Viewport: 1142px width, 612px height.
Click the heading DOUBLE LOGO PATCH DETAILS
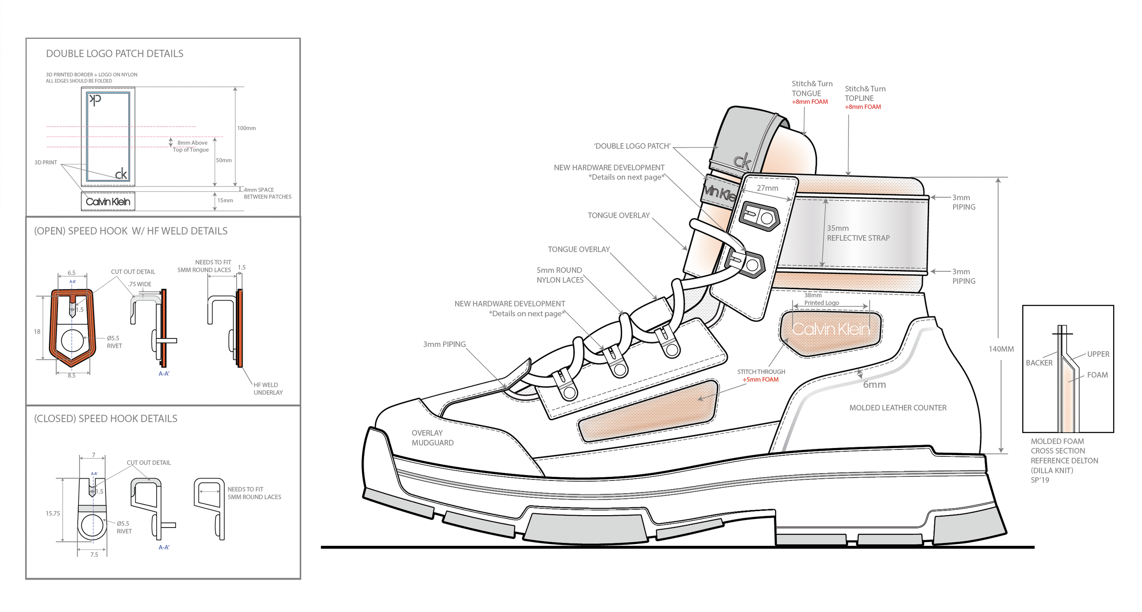pyautogui.click(x=115, y=53)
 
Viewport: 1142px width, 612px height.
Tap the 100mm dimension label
pyautogui.click(x=246, y=128)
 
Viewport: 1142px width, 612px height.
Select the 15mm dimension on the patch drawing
pyautogui.click(x=225, y=200)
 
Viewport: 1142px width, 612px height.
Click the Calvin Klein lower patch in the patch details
pyautogui.click(x=108, y=201)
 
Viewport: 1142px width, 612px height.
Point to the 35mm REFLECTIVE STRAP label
pyautogui.click(x=858, y=233)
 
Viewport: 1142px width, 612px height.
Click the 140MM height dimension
pyautogui.click(x=1001, y=349)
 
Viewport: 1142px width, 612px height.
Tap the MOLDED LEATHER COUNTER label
pyautogui.click(x=898, y=408)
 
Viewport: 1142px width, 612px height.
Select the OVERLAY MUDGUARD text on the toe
pyautogui.click(x=433, y=438)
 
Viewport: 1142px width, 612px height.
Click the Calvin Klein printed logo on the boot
pyautogui.click(x=830, y=329)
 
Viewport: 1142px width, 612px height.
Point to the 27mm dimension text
pyautogui.click(x=767, y=188)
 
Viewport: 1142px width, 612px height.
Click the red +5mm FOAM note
pyautogui.click(x=760, y=380)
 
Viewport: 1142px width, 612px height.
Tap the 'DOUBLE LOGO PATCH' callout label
pyautogui.click(x=632, y=146)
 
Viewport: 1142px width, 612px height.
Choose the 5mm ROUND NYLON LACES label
pyautogui.click(x=560, y=275)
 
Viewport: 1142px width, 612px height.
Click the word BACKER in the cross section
pyautogui.click(x=1039, y=363)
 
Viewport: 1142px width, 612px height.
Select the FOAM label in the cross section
pyautogui.click(x=1097, y=375)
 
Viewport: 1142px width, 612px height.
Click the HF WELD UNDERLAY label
pyautogui.click(x=268, y=389)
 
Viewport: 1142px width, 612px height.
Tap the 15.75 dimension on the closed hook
pyautogui.click(x=53, y=513)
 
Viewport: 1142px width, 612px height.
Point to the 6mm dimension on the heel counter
pyautogui.click(x=874, y=385)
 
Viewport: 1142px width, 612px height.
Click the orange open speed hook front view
pyautogui.click(x=72, y=327)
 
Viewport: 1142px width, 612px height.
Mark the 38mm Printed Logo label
pyautogui.click(x=821, y=299)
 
